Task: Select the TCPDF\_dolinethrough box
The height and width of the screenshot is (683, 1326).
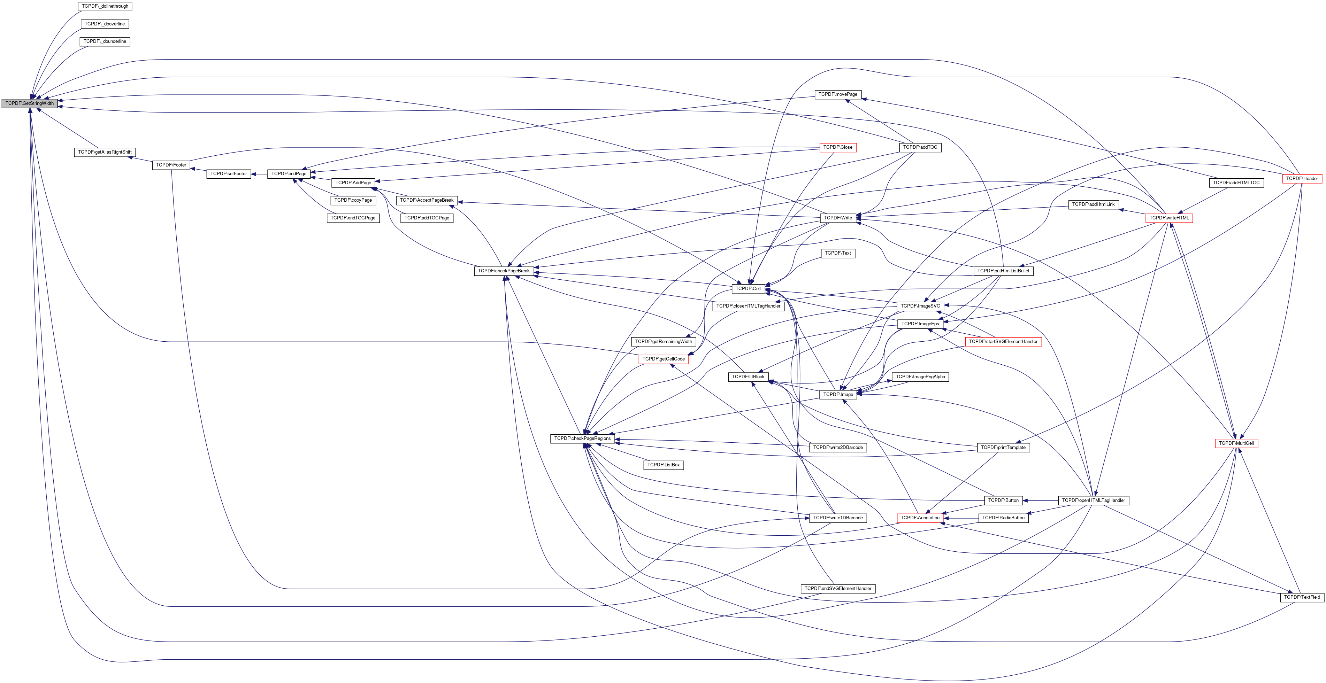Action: click(x=105, y=6)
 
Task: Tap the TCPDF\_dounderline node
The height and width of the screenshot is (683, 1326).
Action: click(x=105, y=41)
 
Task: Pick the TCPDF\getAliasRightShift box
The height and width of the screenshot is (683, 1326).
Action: click(x=105, y=152)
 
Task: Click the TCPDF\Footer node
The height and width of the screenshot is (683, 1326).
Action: click(x=171, y=165)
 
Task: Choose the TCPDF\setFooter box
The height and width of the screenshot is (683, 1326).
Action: click(x=229, y=174)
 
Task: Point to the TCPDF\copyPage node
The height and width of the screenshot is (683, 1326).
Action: click(x=353, y=200)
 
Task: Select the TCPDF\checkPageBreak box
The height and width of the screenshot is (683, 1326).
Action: click(x=504, y=271)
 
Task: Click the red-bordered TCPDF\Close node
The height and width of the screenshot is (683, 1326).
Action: click(x=837, y=148)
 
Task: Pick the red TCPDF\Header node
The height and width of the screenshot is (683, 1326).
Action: click(x=1302, y=178)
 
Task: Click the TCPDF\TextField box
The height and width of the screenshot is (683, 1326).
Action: click(x=1302, y=597)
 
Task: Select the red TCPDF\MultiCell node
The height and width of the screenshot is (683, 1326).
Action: click(x=1236, y=443)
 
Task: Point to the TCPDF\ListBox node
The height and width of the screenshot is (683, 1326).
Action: click(x=664, y=465)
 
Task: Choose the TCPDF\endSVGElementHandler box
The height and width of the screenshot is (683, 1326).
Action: click(x=837, y=588)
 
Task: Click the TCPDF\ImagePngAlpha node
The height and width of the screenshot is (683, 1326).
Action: click(x=920, y=377)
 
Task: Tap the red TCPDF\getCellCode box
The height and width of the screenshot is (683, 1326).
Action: click(x=664, y=359)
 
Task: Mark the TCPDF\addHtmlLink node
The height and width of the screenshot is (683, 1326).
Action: click(x=1093, y=205)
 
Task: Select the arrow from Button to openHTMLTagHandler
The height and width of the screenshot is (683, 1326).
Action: click(x=1040, y=500)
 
